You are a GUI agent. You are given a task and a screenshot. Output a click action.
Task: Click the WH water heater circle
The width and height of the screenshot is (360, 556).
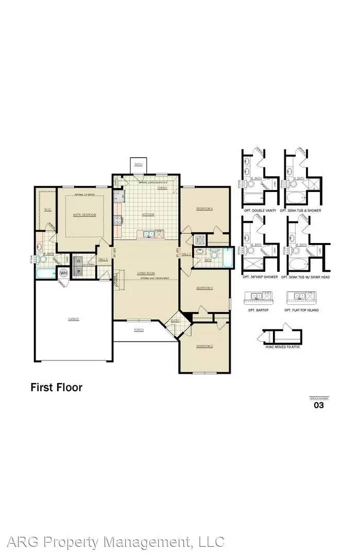(64, 272)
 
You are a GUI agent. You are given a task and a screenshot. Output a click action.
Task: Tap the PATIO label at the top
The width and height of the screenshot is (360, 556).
(138, 164)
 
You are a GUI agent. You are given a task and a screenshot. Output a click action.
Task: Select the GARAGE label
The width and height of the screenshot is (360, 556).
(73, 319)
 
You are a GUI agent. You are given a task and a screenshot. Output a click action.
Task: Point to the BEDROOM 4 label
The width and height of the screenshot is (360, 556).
(204, 208)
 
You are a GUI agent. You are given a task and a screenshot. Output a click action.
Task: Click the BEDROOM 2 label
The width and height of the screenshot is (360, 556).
(204, 346)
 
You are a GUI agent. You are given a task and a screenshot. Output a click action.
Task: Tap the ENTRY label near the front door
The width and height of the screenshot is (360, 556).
(176, 321)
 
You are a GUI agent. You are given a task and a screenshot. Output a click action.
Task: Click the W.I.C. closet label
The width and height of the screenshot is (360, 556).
(47, 209)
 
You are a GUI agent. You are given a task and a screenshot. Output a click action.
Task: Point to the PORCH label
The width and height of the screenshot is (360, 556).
(139, 329)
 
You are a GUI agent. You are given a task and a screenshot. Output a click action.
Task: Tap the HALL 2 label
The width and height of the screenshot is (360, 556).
(186, 254)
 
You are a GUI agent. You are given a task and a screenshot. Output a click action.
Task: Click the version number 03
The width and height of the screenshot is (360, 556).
(319, 405)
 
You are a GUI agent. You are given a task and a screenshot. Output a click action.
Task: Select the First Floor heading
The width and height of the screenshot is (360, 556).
(56, 388)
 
